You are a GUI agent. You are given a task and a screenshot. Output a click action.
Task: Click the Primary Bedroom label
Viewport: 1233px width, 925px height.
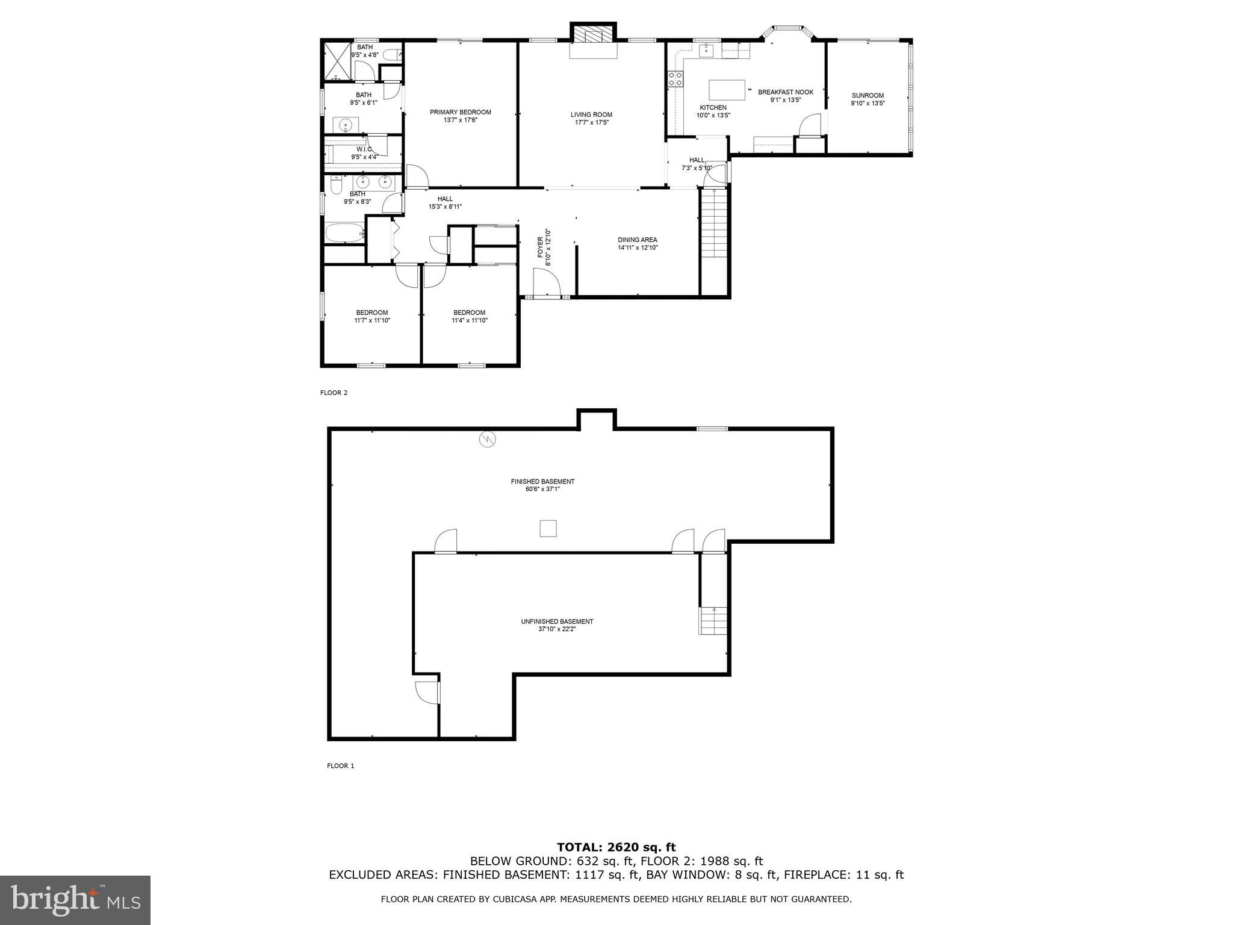(460, 112)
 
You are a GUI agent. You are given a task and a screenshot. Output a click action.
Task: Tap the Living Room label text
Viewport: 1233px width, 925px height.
(591, 114)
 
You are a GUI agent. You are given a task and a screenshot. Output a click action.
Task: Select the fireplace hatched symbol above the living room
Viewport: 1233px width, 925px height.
(594, 34)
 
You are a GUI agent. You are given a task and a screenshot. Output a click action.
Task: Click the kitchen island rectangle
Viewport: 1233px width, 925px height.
(727, 90)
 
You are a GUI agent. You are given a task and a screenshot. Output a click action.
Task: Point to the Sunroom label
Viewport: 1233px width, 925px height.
(868, 95)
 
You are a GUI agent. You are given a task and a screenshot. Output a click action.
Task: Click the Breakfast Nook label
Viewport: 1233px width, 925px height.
(785, 92)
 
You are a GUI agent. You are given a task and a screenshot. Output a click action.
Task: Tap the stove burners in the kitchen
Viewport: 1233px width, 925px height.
(674, 79)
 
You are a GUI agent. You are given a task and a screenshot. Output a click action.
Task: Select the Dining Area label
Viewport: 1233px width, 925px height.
(637, 240)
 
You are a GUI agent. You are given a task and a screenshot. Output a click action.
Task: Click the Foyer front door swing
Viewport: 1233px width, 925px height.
(546, 282)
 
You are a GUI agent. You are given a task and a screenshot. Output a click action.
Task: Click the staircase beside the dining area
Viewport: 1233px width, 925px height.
(713, 223)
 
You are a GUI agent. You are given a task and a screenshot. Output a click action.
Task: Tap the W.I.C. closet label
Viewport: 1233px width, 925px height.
(364, 149)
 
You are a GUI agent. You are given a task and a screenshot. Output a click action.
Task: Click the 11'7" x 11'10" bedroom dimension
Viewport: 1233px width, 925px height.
(372, 320)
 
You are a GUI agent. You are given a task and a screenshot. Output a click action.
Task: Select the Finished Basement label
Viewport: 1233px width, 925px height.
(542, 481)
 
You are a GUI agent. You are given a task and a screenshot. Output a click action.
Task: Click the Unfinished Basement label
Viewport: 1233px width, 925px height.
(557, 621)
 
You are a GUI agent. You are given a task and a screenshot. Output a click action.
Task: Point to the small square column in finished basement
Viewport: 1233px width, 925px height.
(547, 529)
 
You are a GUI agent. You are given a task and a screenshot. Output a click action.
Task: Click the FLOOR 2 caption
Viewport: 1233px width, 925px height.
(334, 393)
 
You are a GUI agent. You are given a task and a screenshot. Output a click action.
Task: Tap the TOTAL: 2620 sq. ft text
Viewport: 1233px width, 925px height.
(616, 847)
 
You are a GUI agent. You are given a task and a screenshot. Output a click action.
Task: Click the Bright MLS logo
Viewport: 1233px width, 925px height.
(75, 900)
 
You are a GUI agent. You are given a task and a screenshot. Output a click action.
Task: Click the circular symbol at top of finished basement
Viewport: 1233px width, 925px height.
(487, 440)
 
